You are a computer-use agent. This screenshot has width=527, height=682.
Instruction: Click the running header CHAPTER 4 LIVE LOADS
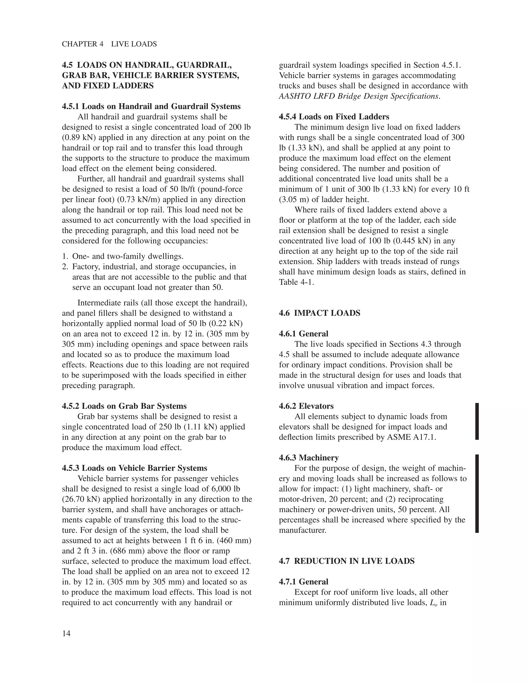(x=109, y=44)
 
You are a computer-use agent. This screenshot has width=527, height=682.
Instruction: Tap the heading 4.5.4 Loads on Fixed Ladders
(x=334, y=117)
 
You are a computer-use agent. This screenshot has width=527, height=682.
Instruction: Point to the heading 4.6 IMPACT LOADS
(x=319, y=313)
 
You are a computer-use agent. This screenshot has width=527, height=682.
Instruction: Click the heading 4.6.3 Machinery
(x=309, y=458)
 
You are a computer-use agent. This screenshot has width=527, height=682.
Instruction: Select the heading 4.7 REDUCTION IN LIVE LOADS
(x=347, y=561)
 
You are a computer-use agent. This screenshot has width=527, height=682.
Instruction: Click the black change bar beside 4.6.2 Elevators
(x=477, y=421)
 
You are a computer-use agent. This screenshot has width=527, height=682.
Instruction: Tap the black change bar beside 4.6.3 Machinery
(x=477, y=493)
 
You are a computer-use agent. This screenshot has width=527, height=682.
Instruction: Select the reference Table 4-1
(x=296, y=282)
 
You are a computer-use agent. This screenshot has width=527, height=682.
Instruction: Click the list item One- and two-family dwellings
(x=128, y=256)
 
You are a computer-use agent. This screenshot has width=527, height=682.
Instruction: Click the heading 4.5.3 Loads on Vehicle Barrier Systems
(x=135, y=468)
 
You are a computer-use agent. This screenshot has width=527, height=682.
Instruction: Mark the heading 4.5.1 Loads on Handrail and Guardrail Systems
(x=151, y=107)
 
